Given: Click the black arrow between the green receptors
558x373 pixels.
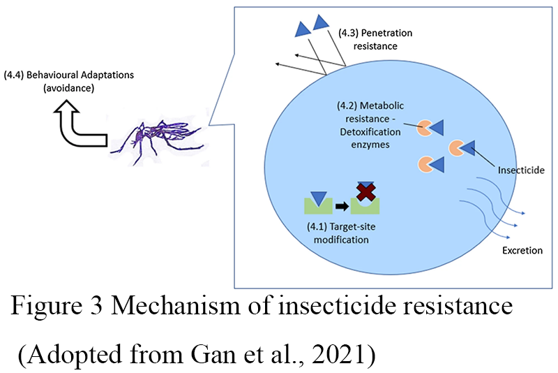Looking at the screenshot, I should tap(341, 206).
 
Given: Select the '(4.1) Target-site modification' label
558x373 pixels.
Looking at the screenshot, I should tap(338, 233).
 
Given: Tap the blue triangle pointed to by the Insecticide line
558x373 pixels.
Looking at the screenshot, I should tap(467, 148).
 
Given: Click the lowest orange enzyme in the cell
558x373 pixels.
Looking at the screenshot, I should tap(425, 164).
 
